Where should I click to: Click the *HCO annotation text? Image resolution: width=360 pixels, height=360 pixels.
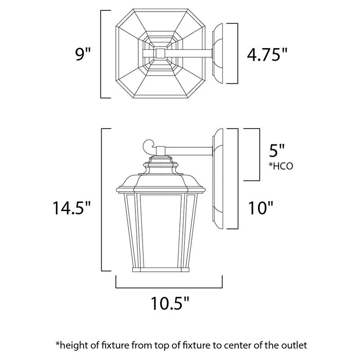(281, 166)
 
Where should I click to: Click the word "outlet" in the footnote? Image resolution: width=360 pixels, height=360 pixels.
(296, 346)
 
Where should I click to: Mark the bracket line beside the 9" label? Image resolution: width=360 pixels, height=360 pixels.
(102, 54)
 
